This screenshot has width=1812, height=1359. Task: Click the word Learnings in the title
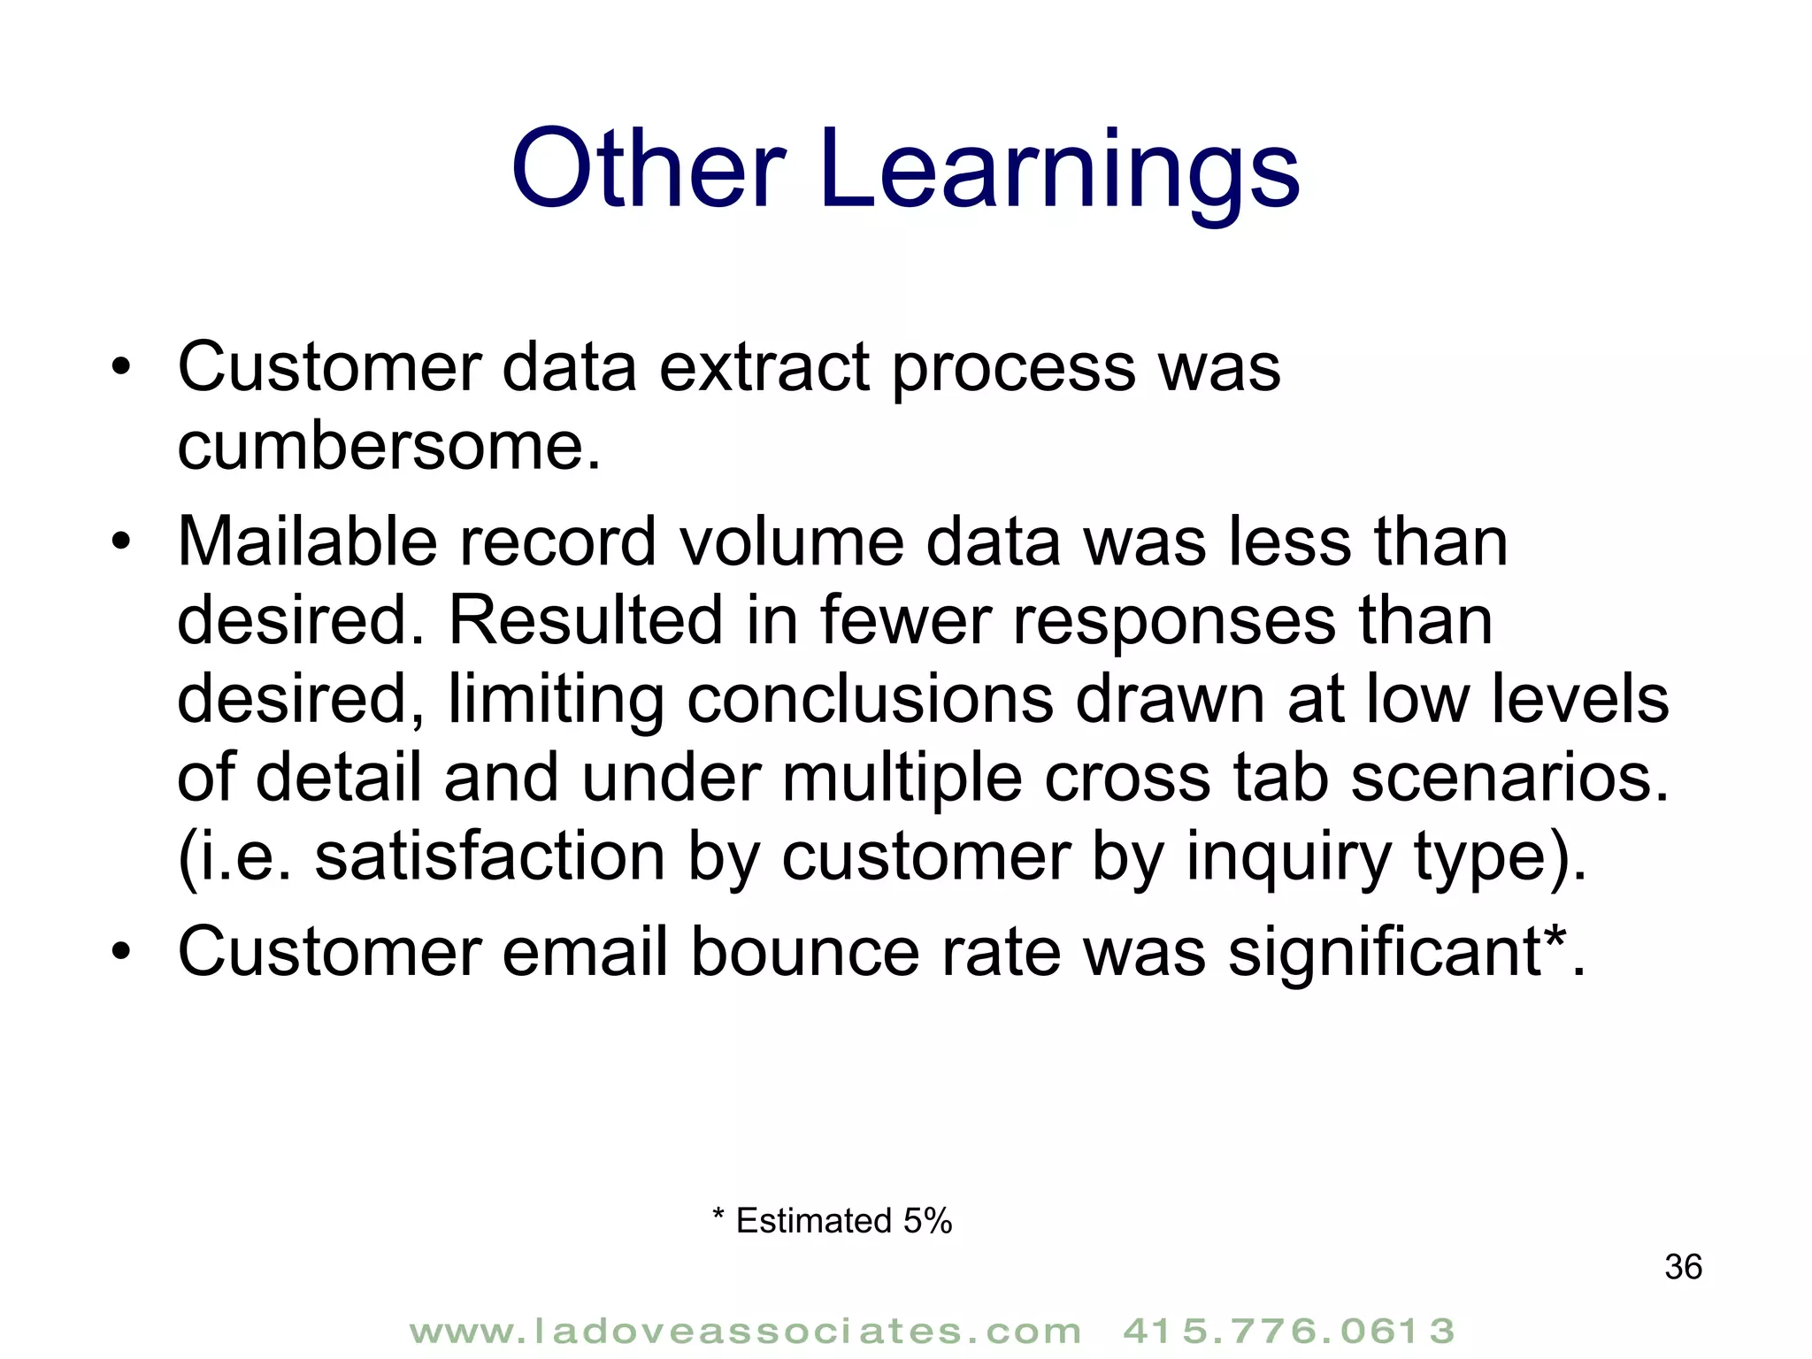tap(1059, 170)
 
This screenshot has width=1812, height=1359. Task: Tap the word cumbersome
tap(388, 446)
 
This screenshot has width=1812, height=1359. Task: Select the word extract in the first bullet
tap(764, 367)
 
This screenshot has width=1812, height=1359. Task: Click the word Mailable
tap(307, 541)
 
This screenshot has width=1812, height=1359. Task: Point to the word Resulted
tap(586, 620)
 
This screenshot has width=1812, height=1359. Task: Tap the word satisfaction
tap(489, 857)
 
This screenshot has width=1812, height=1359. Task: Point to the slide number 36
tap(1683, 1267)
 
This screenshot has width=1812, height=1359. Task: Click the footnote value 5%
tap(927, 1221)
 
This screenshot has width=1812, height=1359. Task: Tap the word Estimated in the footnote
tap(813, 1221)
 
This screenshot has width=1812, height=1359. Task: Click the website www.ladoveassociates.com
tap(745, 1331)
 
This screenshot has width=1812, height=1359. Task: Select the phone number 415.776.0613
tap(1288, 1331)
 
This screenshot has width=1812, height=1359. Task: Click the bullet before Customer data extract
tap(121, 368)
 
